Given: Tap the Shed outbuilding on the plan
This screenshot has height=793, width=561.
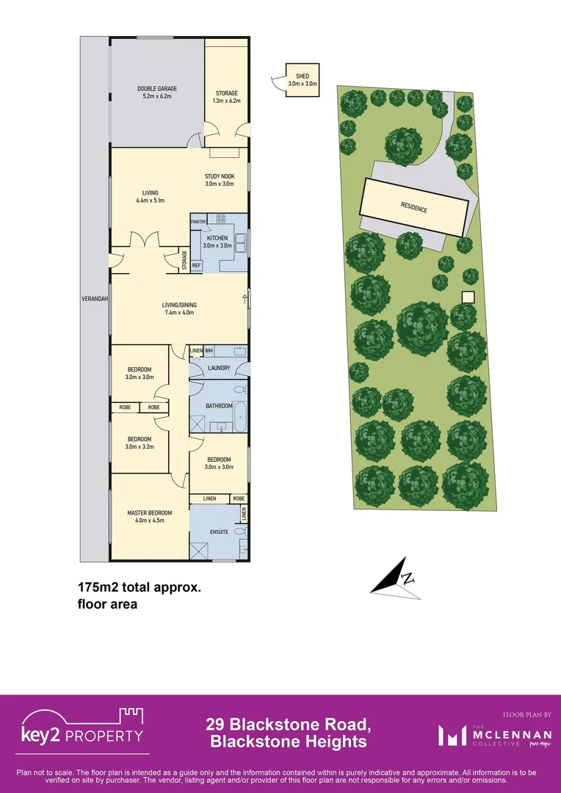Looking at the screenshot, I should [x=302, y=80].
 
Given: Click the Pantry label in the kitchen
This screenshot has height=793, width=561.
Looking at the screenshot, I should [x=198, y=221].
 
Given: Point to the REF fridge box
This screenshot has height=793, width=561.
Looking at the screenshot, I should [x=196, y=265].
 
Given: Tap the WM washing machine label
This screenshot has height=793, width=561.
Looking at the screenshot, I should [x=209, y=351].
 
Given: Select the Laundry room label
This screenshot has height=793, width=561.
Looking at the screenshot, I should [x=219, y=368].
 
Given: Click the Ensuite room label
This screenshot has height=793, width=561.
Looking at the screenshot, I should [x=219, y=532].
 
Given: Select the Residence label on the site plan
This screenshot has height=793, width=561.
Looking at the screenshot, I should [x=414, y=208].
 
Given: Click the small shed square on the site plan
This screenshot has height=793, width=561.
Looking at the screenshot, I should [x=467, y=297].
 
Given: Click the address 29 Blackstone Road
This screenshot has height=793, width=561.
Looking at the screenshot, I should [x=288, y=725].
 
